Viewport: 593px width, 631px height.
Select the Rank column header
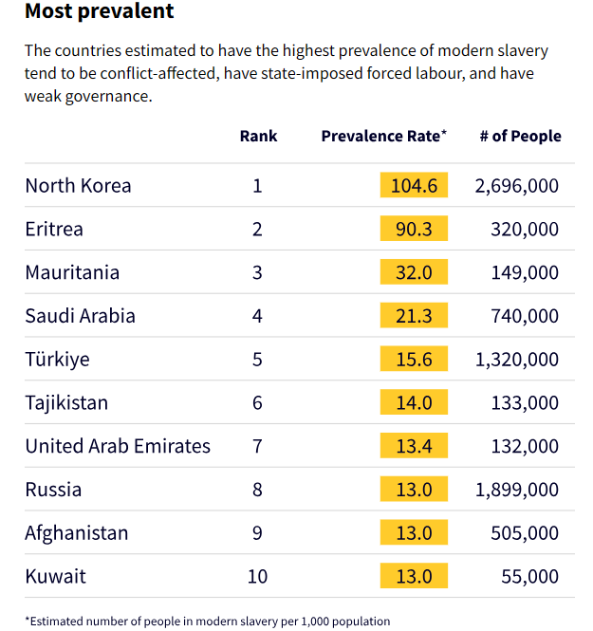point(258,136)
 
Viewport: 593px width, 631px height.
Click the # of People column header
point(520,136)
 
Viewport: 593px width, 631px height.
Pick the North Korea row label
point(78,186)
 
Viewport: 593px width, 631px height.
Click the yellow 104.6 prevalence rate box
point(414,186)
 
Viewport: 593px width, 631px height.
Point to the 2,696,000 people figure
point(517,186)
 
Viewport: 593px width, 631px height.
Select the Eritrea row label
point(54,230)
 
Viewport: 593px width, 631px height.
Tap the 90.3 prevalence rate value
point(414,230)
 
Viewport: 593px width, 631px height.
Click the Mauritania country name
point(72,273)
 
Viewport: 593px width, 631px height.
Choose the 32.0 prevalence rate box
point(414,273)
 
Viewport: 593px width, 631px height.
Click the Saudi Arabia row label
point(80,316)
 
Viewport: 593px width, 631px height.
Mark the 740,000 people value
point(525,316)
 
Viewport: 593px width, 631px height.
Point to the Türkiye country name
point(57,360)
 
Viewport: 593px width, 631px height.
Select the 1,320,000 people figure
point(517,360)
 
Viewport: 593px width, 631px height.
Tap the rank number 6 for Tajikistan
point(257,403)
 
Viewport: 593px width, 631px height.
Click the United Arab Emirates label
point(118,446)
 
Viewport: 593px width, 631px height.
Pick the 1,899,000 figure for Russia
point(517,490)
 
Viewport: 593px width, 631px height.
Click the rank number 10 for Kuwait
point(257,576)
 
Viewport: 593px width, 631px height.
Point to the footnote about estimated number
point(207,622)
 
